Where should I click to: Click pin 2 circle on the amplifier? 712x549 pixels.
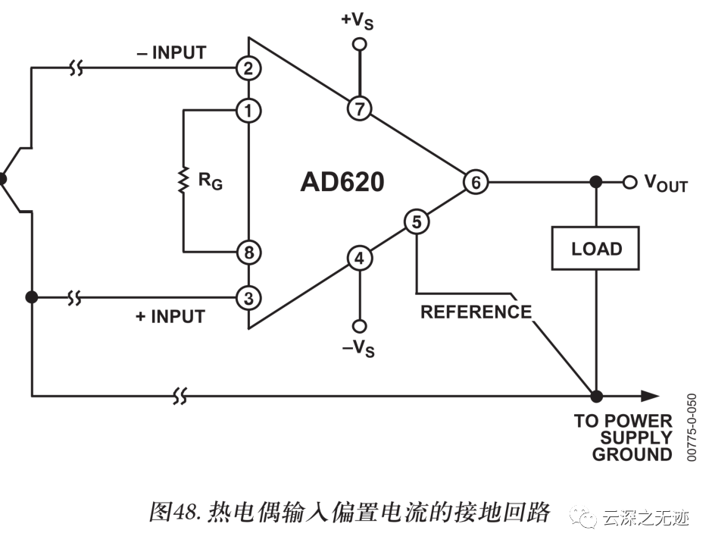(x=248, y=69)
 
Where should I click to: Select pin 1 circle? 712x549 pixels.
(x=248, y=111)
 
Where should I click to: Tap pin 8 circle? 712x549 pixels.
(x=248, y=252)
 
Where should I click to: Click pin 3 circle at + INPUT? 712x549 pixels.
(x=248, y=297)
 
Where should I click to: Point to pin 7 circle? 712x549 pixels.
(x=360, y=108)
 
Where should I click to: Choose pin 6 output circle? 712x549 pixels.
(x=476, y=182)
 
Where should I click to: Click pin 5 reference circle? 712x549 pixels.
(x=417, y=222)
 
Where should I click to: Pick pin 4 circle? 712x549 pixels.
(x=360, y=259)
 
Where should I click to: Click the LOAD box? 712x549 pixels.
(x=596, y=249)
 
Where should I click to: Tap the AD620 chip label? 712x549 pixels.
(x=342, y=183)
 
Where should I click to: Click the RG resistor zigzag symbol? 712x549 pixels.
(x=183, y=180)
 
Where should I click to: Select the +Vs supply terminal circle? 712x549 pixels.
(x=360, y=45)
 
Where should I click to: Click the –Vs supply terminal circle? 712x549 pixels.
(x=360, y=326)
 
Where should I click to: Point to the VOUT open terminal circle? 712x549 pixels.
(x=629, y=182)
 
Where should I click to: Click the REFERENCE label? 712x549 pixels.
(x=476, y=312)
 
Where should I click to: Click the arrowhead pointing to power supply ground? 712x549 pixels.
(x=648, y=395)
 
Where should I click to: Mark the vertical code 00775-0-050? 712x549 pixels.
(x=691, y=428)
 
